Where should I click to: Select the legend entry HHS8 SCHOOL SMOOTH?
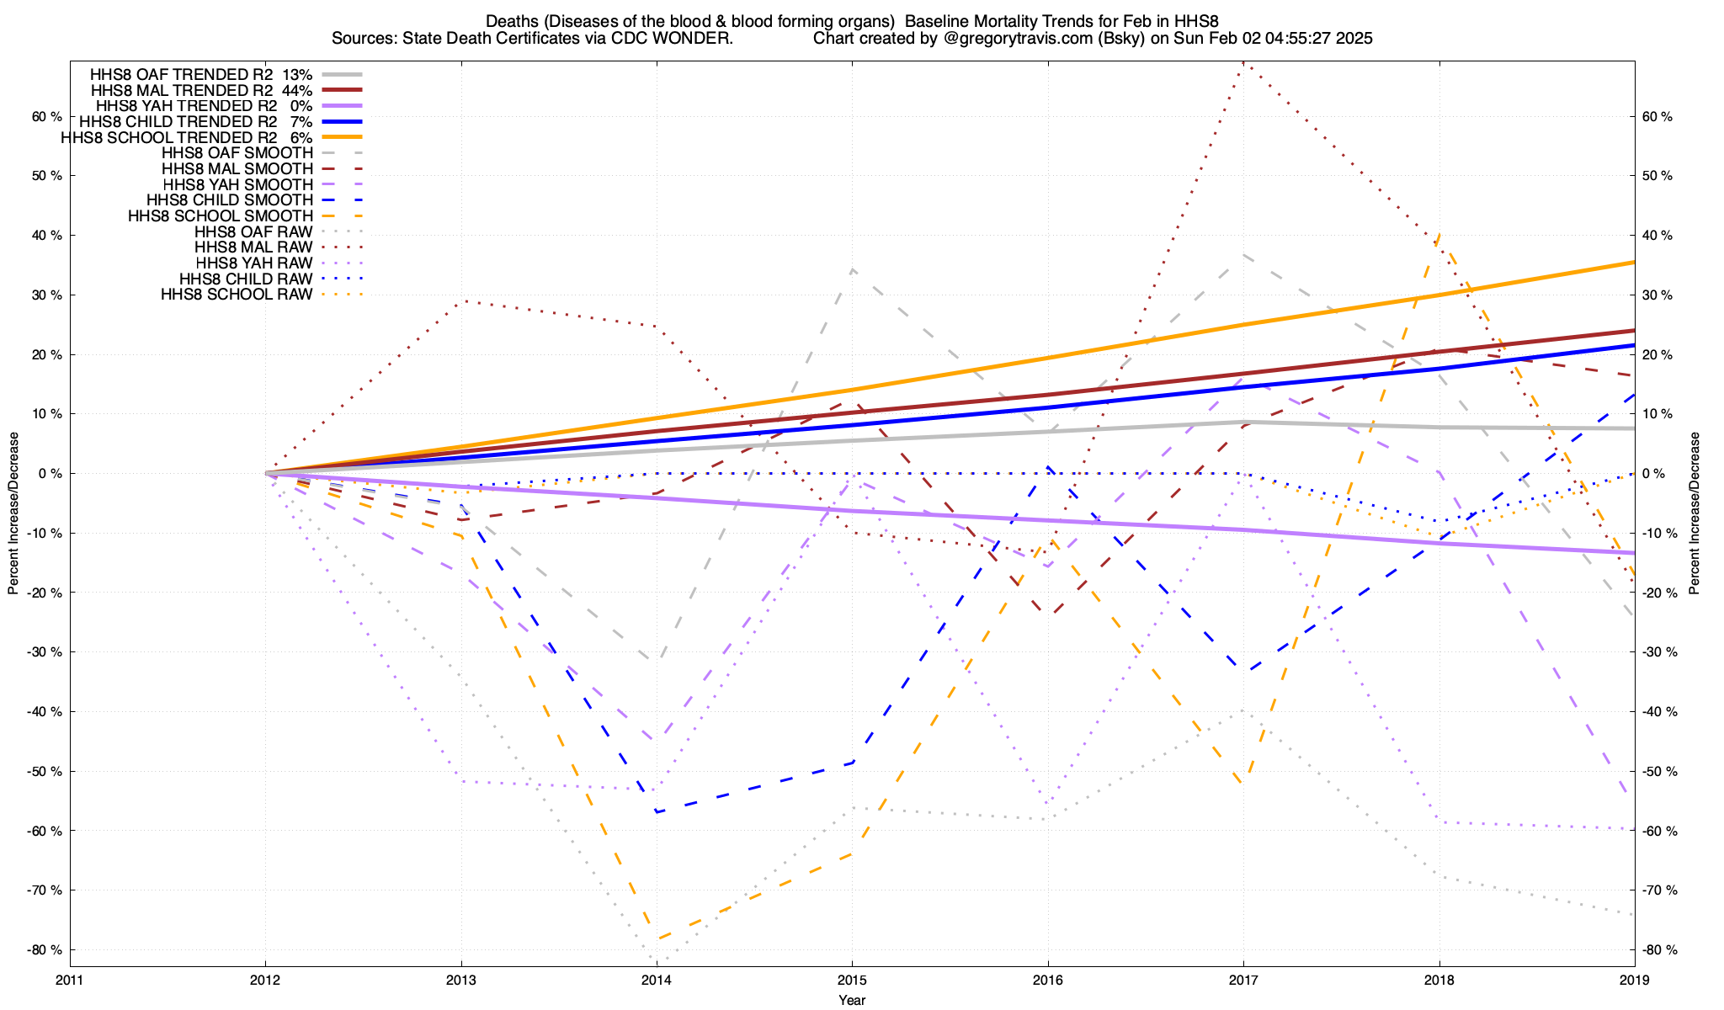click(x=221, y=216)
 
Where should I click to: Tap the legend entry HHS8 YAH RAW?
click(x=253, y=263)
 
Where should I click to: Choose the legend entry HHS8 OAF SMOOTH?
click(x=237, y=153)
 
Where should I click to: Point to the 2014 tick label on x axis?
click(x=657, y=980)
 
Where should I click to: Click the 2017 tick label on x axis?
click(x=1243, y=980)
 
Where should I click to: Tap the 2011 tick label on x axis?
click(x=70, y=980)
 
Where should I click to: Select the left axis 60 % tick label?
click(x=47, y=116)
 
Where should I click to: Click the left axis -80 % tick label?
click(x=45, y=950)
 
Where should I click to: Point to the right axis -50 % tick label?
click(x=1659, y=772)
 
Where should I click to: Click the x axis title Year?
click(x=852, y=1000)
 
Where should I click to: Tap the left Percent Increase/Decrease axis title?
click(x=13, y=513)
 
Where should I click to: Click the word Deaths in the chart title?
click(x=512, y=21)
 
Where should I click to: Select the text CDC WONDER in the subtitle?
click(x=684, y=39)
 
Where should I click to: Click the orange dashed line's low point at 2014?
click(x=657, y=939)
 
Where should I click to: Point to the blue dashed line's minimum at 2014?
click(x=657, y=812)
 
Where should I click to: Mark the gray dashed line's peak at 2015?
click(x=852, y=268)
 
